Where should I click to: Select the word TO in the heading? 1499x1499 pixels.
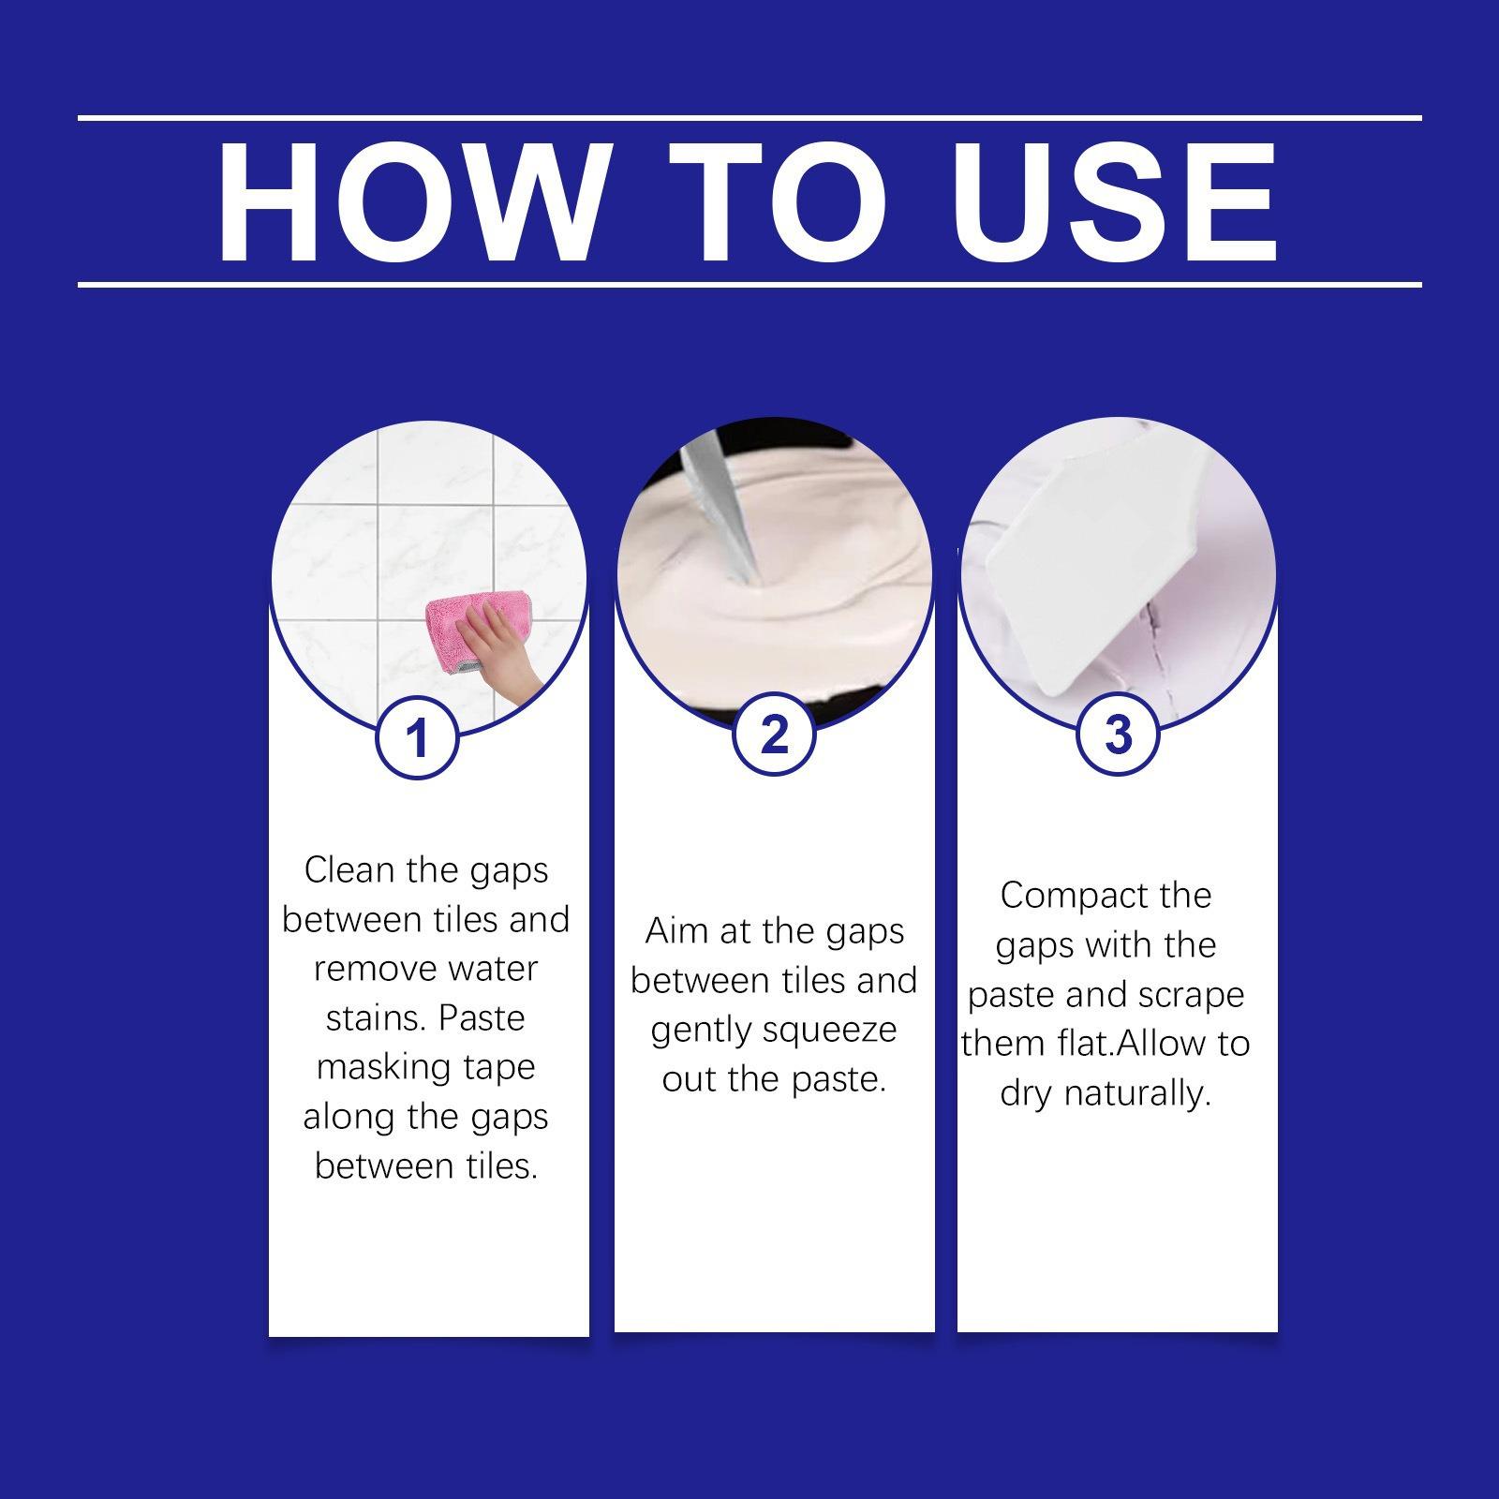pyautogui.click(x=779, y=202)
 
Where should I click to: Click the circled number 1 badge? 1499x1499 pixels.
pyautogui.click(x=417, y=737)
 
